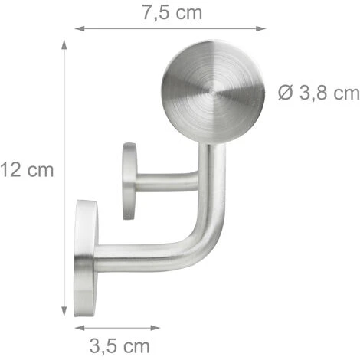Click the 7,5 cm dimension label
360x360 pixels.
[x=172, y=13]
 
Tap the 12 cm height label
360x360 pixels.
[x=27, y=170]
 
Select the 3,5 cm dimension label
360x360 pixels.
[x=119, y=346]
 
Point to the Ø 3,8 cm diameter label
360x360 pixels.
[x=319, y=93]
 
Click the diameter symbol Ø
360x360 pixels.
[x=285, y=93]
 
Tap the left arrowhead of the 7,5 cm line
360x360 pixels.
[x=80, y=28]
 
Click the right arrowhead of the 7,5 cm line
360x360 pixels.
[x=261, y=28]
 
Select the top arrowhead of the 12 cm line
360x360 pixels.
[x=64, y=44]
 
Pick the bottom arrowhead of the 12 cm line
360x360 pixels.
[x=64, y=312]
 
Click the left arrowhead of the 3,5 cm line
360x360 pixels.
[x=80, y=328]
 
